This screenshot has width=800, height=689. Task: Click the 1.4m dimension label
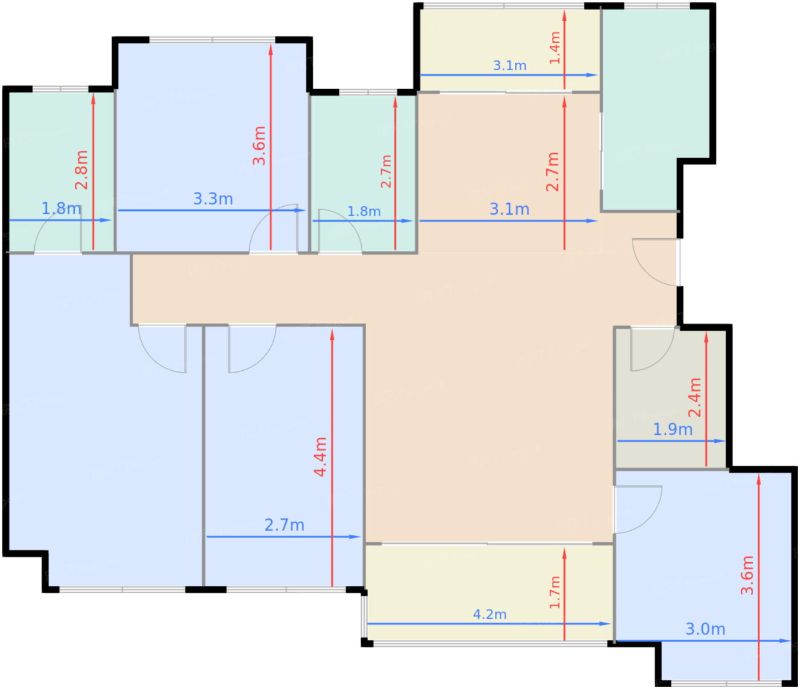[555, 47]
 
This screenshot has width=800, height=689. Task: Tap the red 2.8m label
[82, 170]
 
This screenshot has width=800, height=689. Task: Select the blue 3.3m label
[213, 199]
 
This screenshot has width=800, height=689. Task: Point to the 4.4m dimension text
[321, 457]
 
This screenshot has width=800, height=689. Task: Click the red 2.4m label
[695, 397]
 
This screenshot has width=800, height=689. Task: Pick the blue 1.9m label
[673, 430]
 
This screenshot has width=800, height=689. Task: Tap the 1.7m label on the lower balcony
[555, 592]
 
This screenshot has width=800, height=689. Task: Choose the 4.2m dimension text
[490, 614]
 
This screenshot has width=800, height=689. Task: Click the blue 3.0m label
[705, 629]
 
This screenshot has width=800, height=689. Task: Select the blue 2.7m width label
[285, 526]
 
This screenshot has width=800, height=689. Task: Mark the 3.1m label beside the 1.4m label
[510, 65]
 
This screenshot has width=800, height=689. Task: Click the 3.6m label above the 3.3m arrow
[259, 146]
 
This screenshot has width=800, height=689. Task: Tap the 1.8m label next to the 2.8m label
[62, 209]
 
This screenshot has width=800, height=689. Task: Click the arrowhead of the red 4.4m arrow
[332, 335]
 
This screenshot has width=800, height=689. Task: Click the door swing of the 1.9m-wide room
[660, 359]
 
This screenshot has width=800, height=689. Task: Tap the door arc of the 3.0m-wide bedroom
[650, 518]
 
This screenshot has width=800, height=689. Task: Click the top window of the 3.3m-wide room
[212, 39]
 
